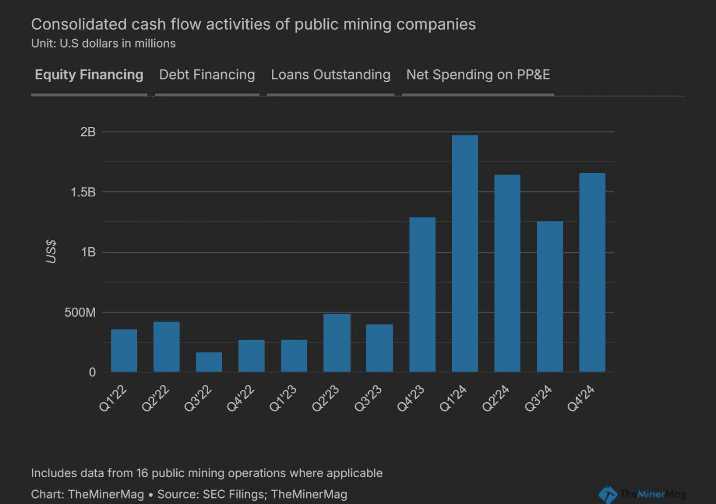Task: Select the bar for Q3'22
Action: pos(209,362)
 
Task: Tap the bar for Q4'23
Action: pos(422,294)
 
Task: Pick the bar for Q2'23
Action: pos(337,342)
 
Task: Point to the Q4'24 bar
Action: pos(592,272)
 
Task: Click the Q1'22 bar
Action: pos(124,350)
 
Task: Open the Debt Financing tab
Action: pos(207,75)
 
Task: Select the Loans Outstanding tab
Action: pos(331,75)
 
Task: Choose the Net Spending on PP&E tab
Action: pos(478,75)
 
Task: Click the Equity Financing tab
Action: pos(89,75)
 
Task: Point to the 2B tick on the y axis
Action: pos(88,132)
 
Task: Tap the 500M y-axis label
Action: pos(80,312)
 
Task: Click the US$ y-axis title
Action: pos(51,252)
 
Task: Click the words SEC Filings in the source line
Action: pos(227,494)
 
